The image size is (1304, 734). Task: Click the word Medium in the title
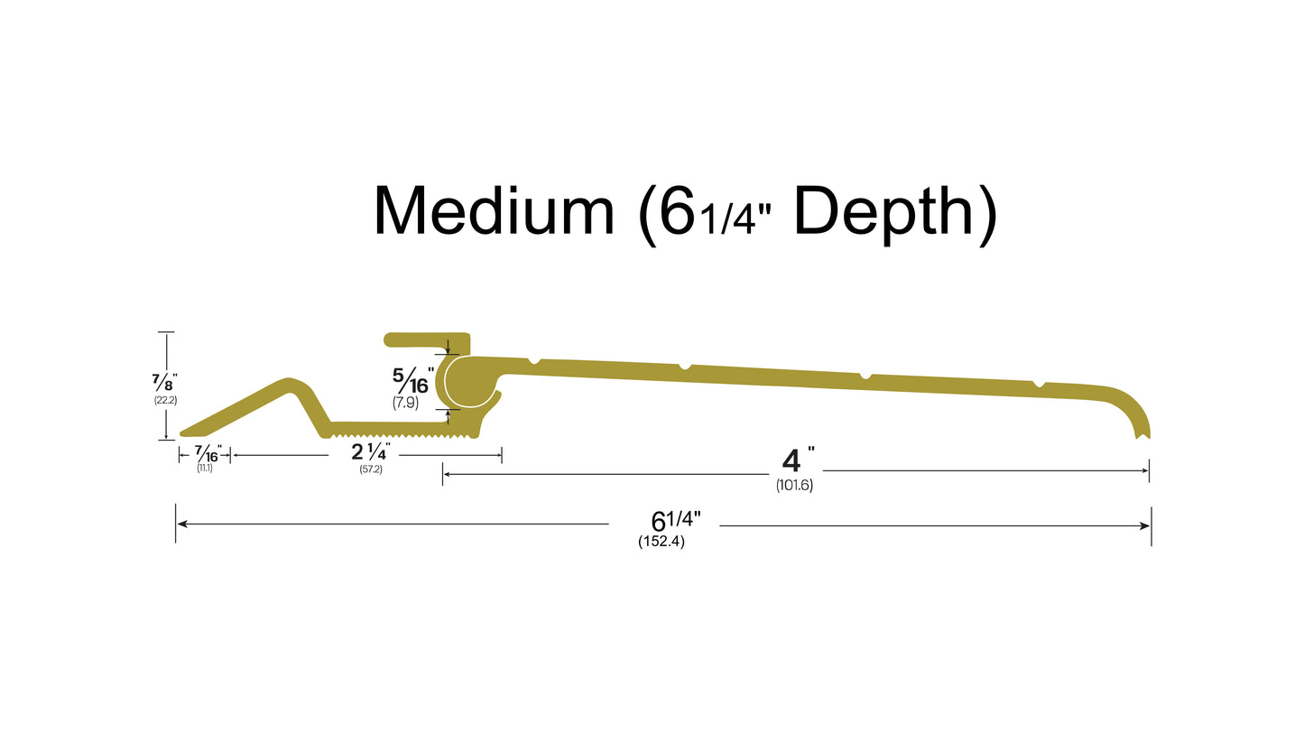tap(494, 212)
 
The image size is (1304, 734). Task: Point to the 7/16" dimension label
tap(207, 452)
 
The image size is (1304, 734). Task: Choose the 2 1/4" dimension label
tap(371, 451)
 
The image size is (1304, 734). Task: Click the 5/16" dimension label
tap(412, 380)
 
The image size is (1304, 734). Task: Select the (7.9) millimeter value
tap(406, 403)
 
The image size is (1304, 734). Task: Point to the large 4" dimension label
tap(794, 460)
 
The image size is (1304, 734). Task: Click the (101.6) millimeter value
tap(794, 486)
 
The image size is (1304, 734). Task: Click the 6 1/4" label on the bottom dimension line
tap(676, 520)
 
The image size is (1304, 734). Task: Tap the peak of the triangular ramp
tap(291, 383)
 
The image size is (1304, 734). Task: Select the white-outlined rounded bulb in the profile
tap(469, 383)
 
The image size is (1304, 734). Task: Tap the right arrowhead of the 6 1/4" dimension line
tap(1145, 525)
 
